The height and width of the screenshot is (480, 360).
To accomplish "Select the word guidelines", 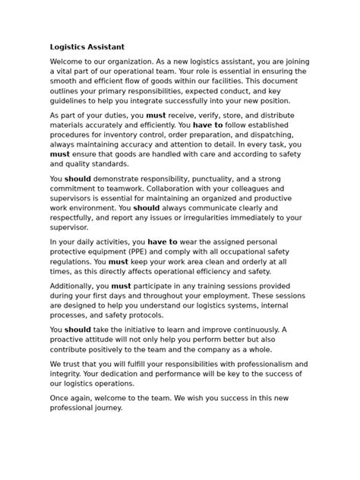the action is [71, 100].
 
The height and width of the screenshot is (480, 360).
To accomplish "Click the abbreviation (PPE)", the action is [138, 251].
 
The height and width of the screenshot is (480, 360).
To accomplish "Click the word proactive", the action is [75, 339].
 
